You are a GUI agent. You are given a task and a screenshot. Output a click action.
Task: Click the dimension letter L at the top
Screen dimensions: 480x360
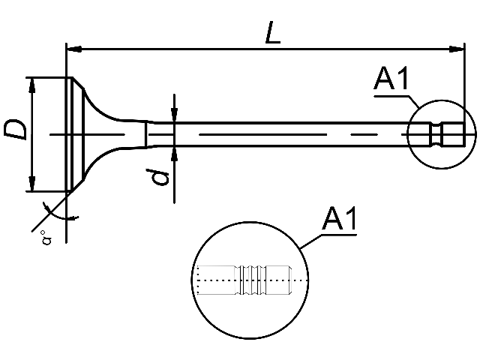click(x=272, y=32)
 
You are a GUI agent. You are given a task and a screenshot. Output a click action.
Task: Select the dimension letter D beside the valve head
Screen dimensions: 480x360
click(x=15, y=130)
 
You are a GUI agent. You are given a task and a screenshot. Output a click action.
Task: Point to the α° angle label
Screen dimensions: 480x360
click(x=46, y=238)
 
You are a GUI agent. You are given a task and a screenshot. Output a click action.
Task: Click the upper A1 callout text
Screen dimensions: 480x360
click(x=391, y=78)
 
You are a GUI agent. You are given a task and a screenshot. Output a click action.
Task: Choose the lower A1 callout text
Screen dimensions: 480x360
click(x=340, y=218)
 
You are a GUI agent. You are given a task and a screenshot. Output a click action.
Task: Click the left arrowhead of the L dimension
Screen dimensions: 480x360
click(x=74, y=49)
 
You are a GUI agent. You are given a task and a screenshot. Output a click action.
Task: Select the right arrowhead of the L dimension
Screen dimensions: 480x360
click(x=457, y=49)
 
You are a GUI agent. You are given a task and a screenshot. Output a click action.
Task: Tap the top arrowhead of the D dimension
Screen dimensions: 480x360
click(x=31, y=85)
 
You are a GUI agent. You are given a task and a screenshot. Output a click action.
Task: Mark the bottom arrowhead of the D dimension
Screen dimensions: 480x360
click(x=31, y=184)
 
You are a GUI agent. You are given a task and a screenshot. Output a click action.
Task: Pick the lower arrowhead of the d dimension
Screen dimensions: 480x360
click(x=174, y=154)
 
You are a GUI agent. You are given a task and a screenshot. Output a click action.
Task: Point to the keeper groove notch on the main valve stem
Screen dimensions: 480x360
click(x=436, y=134)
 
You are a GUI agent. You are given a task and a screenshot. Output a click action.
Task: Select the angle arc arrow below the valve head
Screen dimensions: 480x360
click(x=60, y=212)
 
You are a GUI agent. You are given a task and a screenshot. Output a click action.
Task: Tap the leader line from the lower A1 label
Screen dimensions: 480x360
click(x=311, y=241)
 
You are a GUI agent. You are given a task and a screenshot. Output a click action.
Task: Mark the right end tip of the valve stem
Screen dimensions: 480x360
click(x=464, y=134)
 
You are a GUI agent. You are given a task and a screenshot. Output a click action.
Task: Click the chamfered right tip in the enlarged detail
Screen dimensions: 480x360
click(x=291, y=280)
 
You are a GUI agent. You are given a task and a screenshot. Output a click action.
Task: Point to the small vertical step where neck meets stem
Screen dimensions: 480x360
click(x=146, y=134)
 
